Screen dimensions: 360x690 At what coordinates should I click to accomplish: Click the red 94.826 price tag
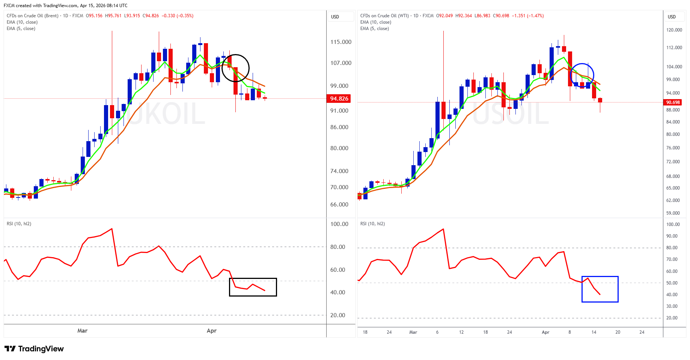(339, 99)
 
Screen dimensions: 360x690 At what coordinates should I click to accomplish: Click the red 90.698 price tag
(673, 102)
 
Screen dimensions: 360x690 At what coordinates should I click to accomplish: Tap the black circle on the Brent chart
(235, 68)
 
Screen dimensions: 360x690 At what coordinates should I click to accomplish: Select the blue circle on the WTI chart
(582, 75)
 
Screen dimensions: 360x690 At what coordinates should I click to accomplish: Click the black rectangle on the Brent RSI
(253, 287)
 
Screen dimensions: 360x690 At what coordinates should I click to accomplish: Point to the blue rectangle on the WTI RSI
(600, 289)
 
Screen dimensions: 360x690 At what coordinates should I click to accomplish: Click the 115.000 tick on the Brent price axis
(341, 42)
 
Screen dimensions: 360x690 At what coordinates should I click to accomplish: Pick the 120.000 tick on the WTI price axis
(674, 30)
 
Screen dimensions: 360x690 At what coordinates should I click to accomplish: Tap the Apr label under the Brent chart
(212, 331)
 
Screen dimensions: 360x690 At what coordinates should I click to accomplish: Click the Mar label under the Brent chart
(82, 331)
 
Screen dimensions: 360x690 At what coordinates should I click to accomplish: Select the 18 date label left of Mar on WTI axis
(365, 332)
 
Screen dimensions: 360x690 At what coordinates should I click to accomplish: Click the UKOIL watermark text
(165, 114)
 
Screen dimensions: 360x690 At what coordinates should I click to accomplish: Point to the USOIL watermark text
(511, 114)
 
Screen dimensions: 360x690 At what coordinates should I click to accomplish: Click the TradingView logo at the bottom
(34, 349)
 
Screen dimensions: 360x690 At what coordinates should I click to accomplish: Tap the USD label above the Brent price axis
(335, 17)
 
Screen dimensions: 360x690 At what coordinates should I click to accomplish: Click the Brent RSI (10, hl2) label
(19, 224)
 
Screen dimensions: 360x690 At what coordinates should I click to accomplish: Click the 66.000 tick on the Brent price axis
(339, 205)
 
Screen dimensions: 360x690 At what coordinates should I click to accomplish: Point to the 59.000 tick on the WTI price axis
(673, 213)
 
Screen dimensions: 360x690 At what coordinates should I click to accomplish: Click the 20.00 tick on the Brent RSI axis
(338, 315)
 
